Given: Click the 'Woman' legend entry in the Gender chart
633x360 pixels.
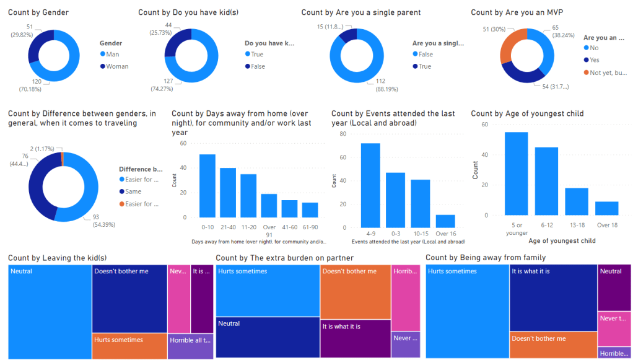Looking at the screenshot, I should click(x=117, y=66).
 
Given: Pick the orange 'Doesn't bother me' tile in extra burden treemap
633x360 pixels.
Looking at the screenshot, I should click(x=356, y=292).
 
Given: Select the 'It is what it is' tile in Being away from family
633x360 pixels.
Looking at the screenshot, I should click(x=553, y=298).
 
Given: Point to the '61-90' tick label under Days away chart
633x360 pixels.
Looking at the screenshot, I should click(x=310, y=227).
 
